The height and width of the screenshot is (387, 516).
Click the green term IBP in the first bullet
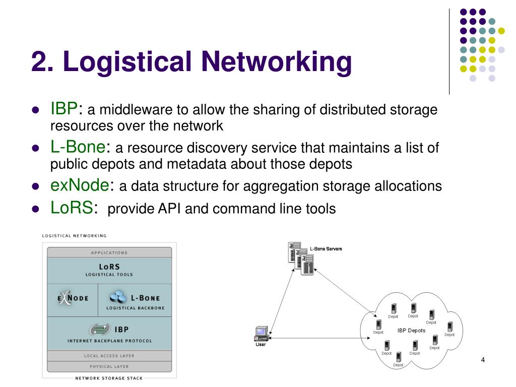coord(63,108)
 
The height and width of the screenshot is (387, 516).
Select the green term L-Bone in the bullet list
coord(79,147)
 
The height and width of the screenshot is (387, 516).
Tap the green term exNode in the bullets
coord(80,186)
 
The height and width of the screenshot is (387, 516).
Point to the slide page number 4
coord(483,359)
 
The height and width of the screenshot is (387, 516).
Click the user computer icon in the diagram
coord(261,333)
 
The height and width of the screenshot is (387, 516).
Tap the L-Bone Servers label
coord(326,248)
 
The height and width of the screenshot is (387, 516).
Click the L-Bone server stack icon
coord(301,259)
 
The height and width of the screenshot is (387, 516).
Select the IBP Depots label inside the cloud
coord(411,331)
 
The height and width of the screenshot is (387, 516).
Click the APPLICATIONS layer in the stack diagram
coord(109,252)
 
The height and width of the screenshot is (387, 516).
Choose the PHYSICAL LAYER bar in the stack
coord(109,366)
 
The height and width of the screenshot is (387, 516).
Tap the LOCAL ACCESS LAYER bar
coord(109,356)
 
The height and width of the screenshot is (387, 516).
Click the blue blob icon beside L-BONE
coord(118,296)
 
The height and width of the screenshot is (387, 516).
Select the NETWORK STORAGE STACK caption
coord(109,378)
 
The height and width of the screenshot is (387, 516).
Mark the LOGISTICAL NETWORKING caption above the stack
coord(74,235)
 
